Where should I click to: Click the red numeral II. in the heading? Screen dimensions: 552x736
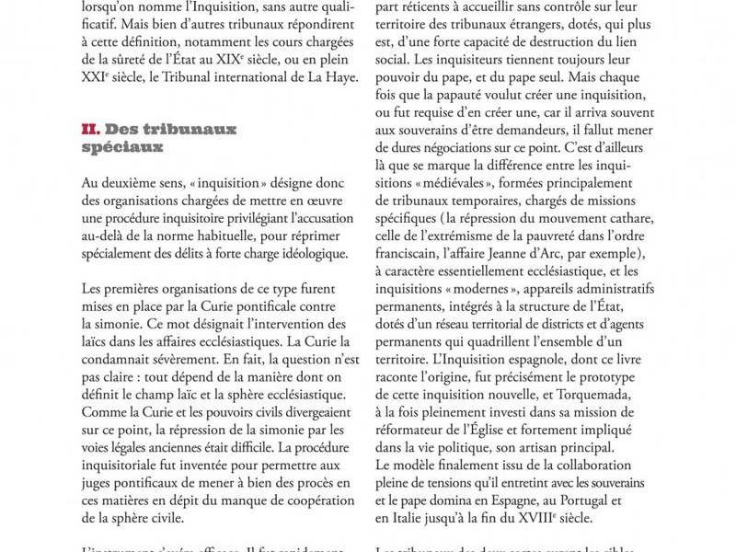tap(90, 130)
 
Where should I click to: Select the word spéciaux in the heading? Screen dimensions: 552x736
tap(122, 147)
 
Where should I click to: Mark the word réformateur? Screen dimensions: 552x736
tap(421, 431)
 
